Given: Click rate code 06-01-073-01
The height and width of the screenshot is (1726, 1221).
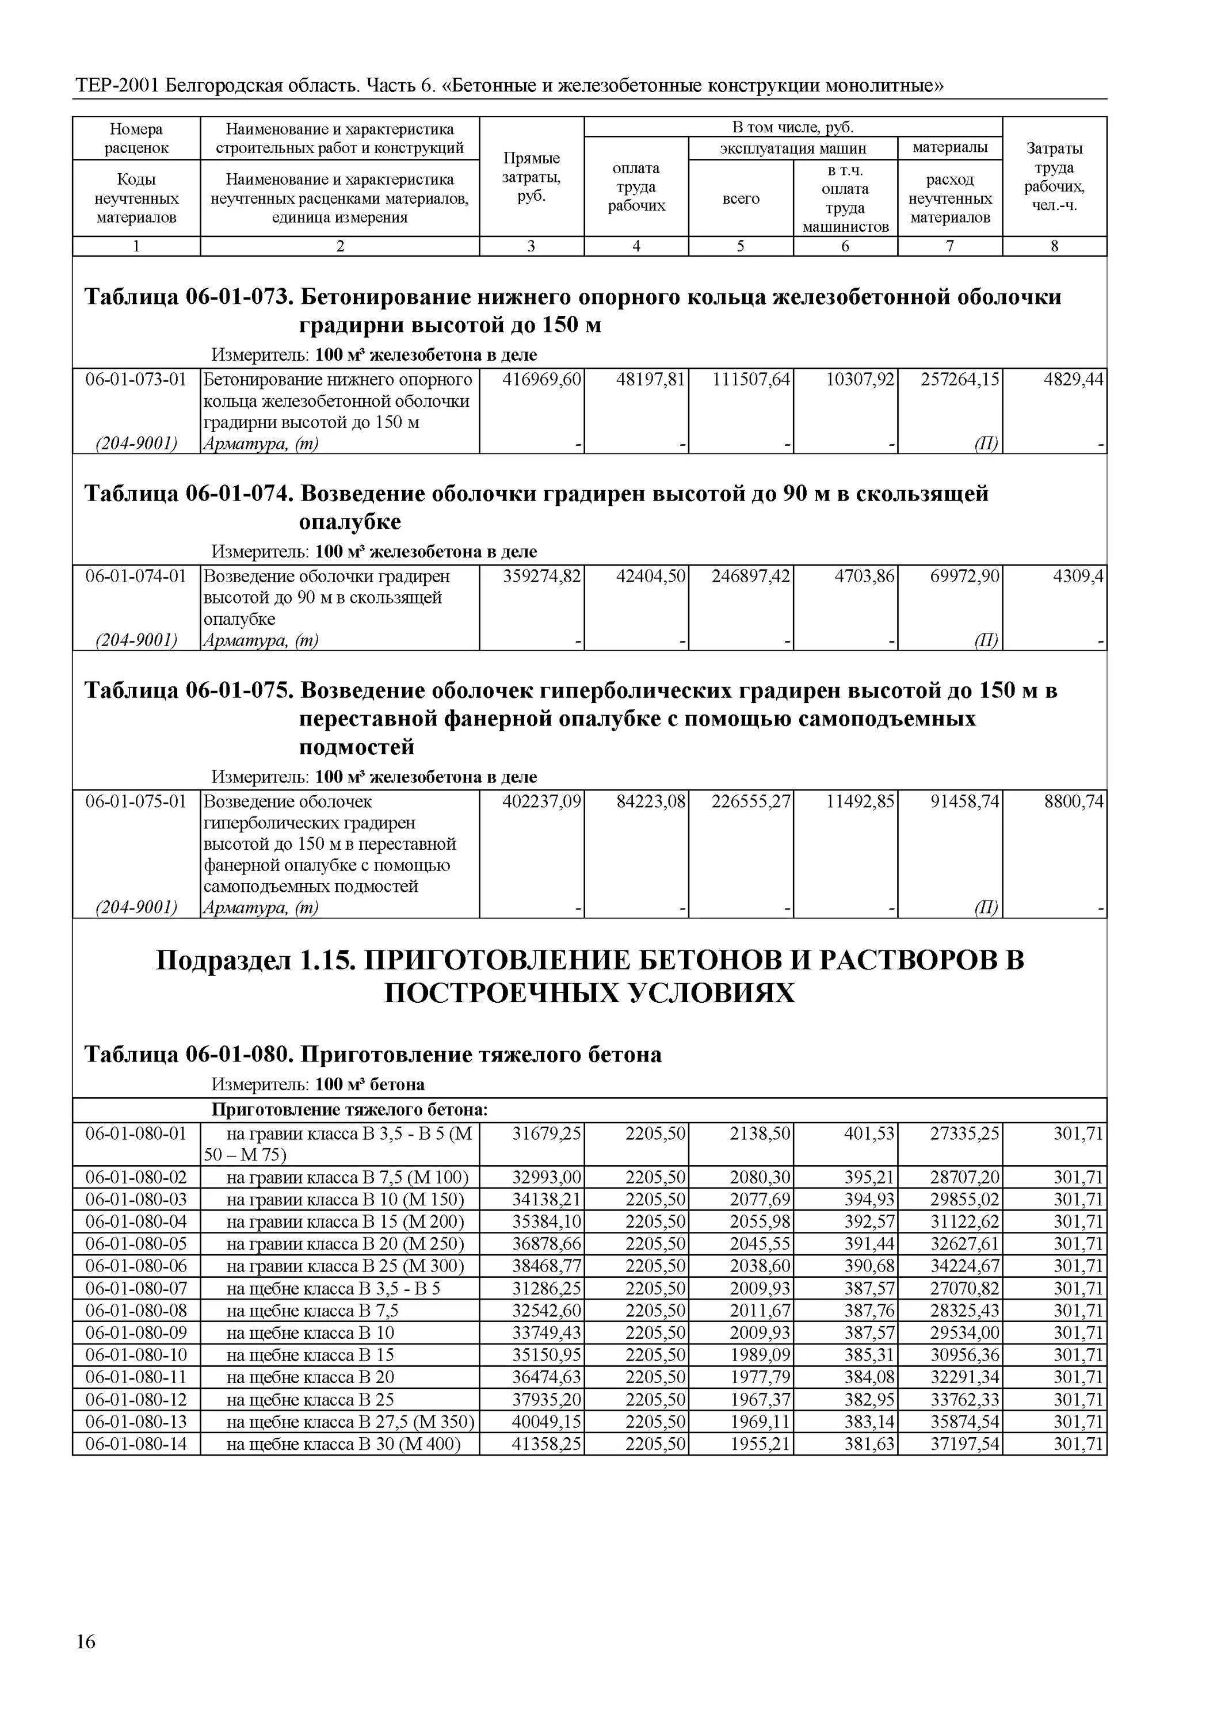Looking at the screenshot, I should pyautogui.click(x=136, y=380).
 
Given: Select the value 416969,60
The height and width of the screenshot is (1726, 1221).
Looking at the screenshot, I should pyautogui.click(x=541, y=380).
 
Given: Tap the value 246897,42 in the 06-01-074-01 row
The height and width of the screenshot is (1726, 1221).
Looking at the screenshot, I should pyautogui.click(x=750, y=576).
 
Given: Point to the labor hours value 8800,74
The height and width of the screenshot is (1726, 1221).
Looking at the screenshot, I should pyautogui.click(x=1073, y=802).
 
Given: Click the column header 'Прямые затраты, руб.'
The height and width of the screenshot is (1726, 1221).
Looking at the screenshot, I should pyautogui.click(x=532, y=177).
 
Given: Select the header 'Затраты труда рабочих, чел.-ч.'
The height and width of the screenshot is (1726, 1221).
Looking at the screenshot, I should pyautogui.click(x=1054, y=177).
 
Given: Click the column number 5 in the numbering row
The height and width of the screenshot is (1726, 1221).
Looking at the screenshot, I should pyautogui.click(x=741, y=247).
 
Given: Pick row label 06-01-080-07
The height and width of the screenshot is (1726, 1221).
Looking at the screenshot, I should pyautogui.click(x=136, y=1289).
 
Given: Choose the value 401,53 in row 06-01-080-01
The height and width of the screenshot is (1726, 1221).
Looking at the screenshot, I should pyautogui.click(x=869, y=1133).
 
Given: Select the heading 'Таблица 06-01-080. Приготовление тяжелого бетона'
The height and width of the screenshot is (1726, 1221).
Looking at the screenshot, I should pyautogui.click(x=372, y=1055).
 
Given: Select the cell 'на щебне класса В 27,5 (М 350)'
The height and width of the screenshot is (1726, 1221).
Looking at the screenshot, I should pyautogui.click(x=350, y=1422).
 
